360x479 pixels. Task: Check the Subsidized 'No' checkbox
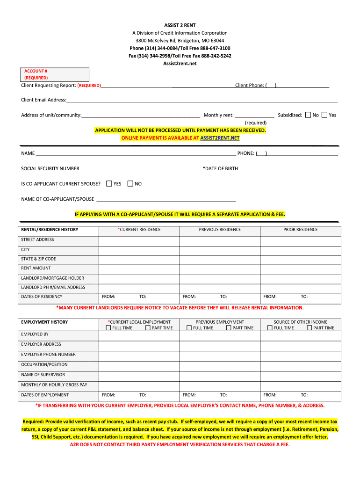[308, 115]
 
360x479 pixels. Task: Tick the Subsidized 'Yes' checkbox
[324, 115]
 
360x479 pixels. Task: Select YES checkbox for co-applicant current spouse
[109, 184]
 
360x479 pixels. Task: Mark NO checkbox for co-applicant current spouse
[130, 184]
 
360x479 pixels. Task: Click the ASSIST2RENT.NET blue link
[220, 138]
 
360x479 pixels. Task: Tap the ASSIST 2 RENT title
[180, 25]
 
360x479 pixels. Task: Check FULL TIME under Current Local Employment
[108, 328]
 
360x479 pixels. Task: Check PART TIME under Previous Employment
[229, 328]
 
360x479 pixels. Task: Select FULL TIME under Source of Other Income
[270, 328]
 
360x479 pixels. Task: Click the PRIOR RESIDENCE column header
[300, 230]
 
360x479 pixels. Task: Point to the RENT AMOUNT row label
[36, 269]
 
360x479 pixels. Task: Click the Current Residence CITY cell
[139, 250]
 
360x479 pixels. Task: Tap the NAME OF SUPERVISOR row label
[43, 375]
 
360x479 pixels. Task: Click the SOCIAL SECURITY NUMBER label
[50, 168]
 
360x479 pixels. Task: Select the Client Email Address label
[43, 100]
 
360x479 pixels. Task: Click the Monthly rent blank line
[254, 115]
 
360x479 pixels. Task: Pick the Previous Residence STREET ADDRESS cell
[220, 240]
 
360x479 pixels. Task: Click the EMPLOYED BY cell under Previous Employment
[220, 335]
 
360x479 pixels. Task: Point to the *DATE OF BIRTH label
[220, 168]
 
